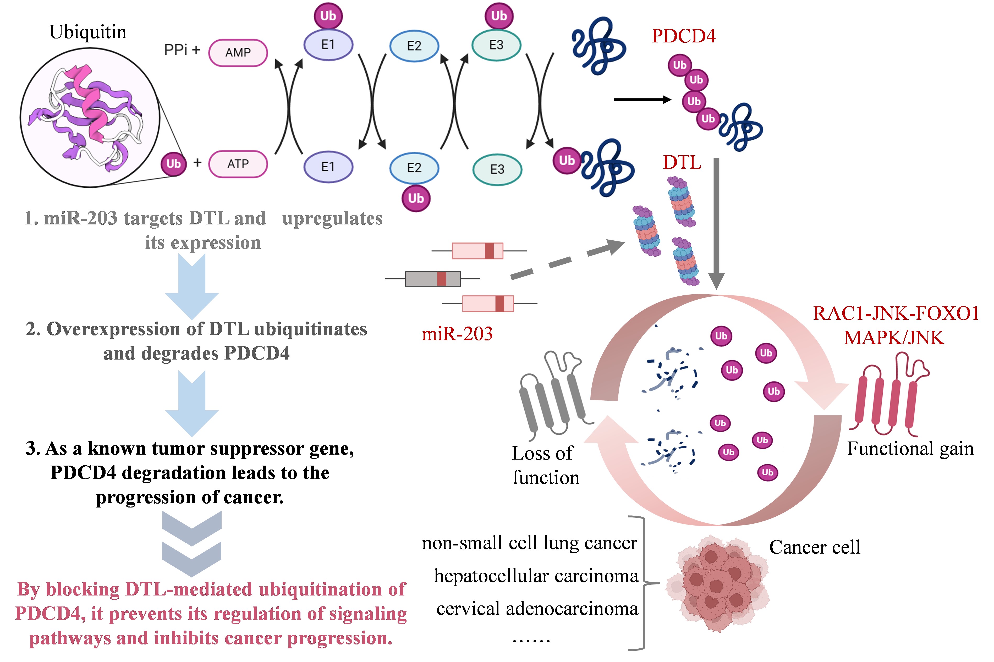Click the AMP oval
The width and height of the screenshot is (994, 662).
[238, 53]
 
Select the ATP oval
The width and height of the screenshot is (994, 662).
[238, 164]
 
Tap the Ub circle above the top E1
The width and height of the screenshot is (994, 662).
[328, 16]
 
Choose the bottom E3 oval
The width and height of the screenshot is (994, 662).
[497, 169]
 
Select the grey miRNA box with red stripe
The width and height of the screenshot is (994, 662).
[432, 279]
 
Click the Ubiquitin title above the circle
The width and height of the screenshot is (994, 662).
[88, 32]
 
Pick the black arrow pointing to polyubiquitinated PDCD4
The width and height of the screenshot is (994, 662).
[642, 100]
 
